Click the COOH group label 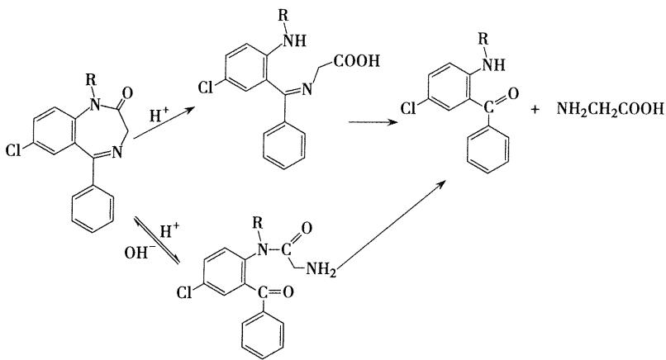[356, 61]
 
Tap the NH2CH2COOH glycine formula [610, 109]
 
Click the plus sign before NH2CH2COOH [535, 110]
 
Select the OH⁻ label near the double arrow [137, 253]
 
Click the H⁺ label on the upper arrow [159, 116]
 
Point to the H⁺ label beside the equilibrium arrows [170, 231]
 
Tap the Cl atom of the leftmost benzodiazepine [13, 149]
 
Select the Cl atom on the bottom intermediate [184, 292]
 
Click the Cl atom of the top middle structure [206, 87]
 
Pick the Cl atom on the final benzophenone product [409, 108]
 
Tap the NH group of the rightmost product [495, 64]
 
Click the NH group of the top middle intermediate [295, 40]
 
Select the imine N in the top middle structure [307, 88]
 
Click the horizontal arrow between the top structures [373, 122]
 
